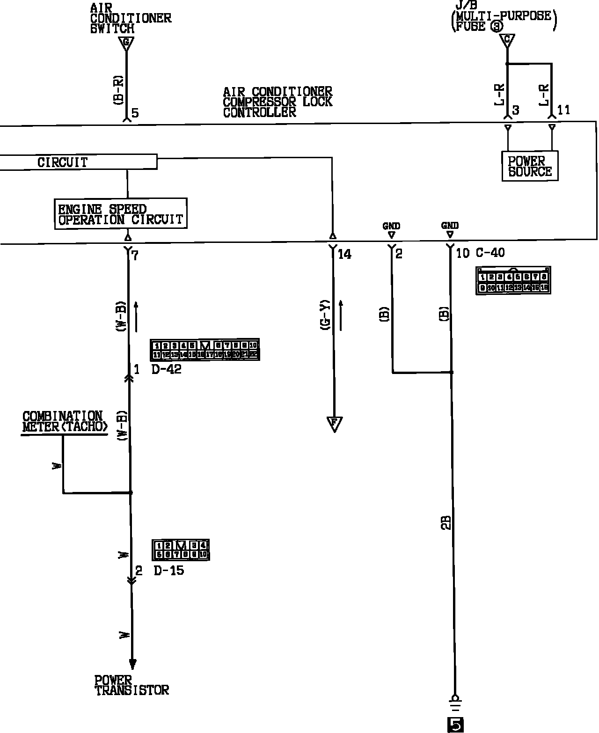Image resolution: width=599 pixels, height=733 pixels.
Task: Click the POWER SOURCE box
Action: tap(530, 166)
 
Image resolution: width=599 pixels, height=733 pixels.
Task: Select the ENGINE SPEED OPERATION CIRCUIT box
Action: tap(121, 214)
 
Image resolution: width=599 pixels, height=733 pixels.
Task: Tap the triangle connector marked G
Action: tap(125, 44)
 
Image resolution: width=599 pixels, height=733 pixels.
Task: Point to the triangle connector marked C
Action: tap(507, 40)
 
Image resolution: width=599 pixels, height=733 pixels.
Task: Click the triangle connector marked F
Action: tap(334, 424)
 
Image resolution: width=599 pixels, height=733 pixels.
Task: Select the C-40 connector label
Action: tap(490, 253)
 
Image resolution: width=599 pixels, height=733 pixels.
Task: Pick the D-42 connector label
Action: tap(166, 369)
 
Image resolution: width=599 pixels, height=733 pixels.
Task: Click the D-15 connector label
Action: tap(168, 571)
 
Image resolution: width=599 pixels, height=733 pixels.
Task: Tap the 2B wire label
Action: tap(446, 522)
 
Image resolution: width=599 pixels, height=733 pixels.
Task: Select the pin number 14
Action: tap(344, 254)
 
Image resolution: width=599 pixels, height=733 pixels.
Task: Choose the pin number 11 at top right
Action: tap(564, 110)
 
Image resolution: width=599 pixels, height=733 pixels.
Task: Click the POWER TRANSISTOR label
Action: tap(131, 685)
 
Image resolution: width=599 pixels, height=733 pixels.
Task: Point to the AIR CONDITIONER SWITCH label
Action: tap(131, 18)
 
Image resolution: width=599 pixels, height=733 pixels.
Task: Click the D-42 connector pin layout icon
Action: tap(205, 350)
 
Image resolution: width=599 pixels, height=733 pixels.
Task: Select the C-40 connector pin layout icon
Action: tap(513, 281)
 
